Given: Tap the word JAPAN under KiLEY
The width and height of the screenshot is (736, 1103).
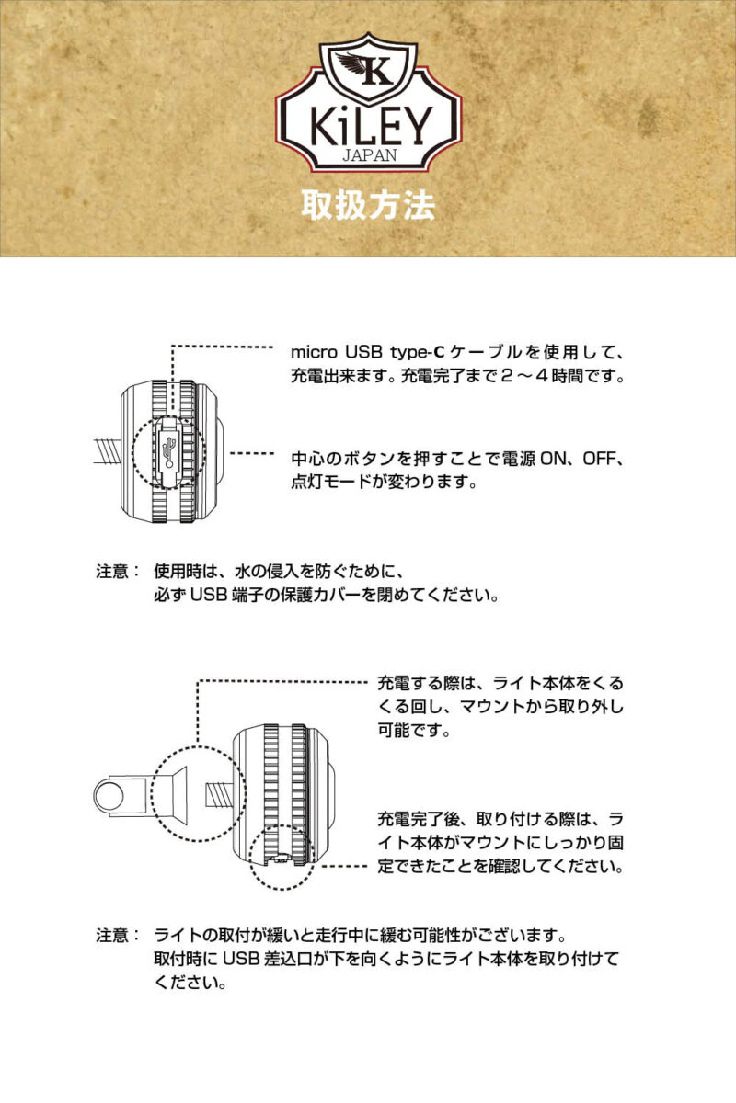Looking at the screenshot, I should (x=369, y=155).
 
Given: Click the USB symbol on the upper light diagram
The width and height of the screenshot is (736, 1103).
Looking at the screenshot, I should (x=167, y=451).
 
